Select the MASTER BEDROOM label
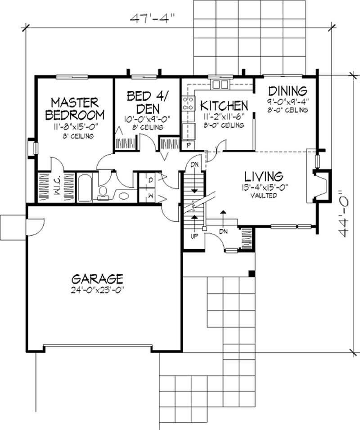pyautogui.click(x=75, y=107)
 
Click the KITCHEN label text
pyautogui.click(x=224, y=106)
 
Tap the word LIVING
pyautogui.click(x=264, y=175)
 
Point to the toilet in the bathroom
pyautogui.click(x=103, y=191)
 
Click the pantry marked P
pyautogui.click(x=188, y=145)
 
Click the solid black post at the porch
pyautogui.click(x=252, y=273)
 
